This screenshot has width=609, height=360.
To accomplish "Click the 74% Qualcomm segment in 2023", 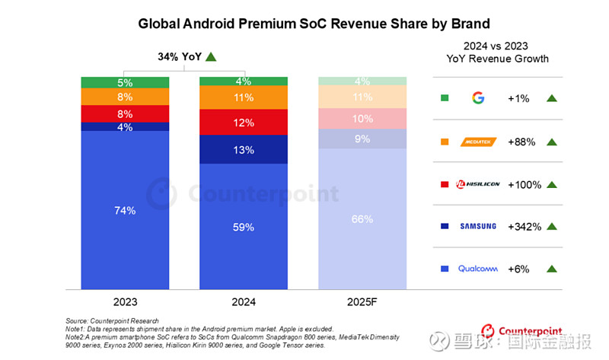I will (x=126, y=210).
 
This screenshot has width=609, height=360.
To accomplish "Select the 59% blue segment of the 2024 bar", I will (x=243, y=226).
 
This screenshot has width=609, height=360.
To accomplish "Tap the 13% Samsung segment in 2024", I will (x=243, y=150).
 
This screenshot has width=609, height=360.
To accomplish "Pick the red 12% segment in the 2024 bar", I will (x=243, y=123).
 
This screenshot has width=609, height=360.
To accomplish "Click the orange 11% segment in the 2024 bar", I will (x=243, y=97).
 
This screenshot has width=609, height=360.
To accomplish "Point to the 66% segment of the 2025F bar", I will (x=362, y=219).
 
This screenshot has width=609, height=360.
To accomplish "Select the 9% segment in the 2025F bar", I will (x=362, y=139).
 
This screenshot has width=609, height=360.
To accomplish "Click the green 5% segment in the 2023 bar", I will (x=126, y=82).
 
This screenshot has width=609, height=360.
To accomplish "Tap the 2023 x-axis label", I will (x=126, y=301).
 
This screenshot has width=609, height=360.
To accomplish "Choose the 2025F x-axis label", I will (x=362, y=301).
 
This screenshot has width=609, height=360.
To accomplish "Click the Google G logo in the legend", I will (x=478, y=97).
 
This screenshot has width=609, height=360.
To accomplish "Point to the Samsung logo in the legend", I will (x=477, y=226).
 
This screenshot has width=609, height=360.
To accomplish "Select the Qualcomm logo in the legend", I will (x=477, y=269).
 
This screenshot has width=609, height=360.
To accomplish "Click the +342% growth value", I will (x=524, y=226).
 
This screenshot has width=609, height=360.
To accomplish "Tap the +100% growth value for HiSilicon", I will (x=524, y=183).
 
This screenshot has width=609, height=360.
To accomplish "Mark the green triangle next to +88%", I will (x=553, y=141).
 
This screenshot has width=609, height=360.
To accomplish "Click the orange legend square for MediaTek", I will (x=445, y=141).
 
